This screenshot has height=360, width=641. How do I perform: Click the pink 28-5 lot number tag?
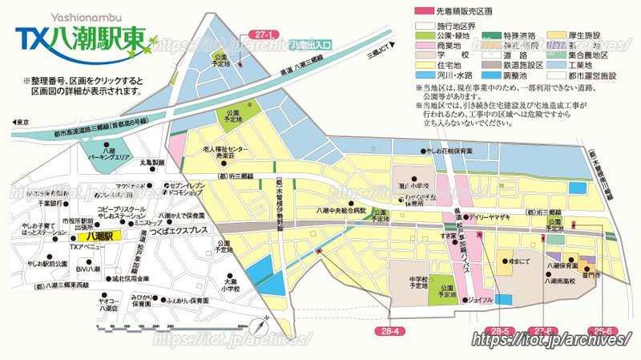[500, 330]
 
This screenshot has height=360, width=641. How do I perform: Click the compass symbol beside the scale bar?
[260, 326]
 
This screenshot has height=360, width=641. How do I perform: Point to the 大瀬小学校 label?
[232, 286]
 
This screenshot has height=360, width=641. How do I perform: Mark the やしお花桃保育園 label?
[454, 150]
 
